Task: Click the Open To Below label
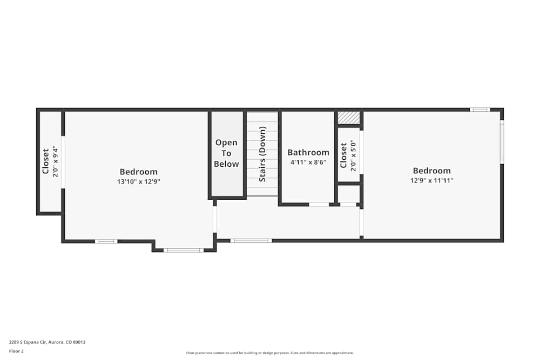point(226,153)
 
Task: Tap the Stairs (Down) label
point(262,154)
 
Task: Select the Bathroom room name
point(308,153)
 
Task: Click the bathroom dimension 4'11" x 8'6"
point(308,162)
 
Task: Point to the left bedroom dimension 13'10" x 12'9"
point(139,182)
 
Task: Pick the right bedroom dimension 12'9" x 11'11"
point(431,181)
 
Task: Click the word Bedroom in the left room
point(139,172)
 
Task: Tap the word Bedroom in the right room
point(431,171)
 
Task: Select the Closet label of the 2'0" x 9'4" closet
point(46,161)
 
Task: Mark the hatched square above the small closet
point(348,118)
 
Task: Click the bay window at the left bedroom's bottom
point(183,250)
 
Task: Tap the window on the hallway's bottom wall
point(251,241)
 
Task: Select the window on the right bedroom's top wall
point(480,110)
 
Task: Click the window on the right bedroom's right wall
point(502,142)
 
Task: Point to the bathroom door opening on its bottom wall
point(319,205)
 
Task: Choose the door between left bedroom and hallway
point(214,219)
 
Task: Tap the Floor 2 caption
point(16,351)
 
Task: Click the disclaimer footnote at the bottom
point(269,353)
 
